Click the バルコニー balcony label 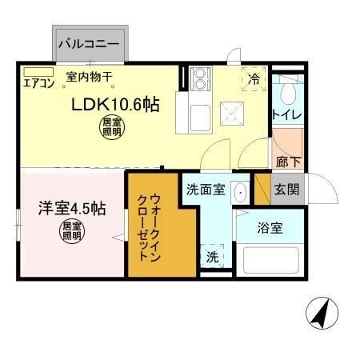(x=90, y=43)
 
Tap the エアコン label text (x=38, y=82)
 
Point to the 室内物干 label (x=89, y=78)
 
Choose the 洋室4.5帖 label (x=73, y=210)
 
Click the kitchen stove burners (x=198, y=79)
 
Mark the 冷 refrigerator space (x=254, y=79)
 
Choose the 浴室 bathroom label (x=269, y=228)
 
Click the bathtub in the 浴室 (x=270, y=259)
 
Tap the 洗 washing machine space (x=213, y=257)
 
